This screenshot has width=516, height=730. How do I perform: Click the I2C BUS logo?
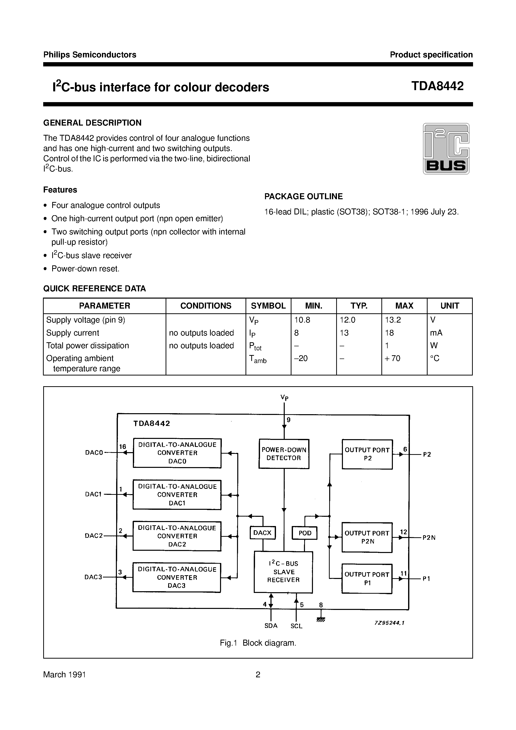point(446,149)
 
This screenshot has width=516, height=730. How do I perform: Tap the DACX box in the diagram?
point(262,533)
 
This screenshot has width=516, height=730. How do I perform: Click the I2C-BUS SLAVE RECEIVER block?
point(283,572)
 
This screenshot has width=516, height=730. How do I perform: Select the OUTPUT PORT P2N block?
point(367,537)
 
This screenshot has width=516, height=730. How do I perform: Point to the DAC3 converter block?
point(177,577)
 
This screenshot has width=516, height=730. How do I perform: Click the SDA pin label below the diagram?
point(271,626)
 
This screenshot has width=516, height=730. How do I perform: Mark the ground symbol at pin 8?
point(321,620)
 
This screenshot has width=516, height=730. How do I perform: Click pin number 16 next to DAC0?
point(122,447)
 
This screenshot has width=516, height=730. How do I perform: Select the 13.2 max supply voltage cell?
point(393,320)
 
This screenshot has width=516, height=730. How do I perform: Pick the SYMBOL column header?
point(268,306)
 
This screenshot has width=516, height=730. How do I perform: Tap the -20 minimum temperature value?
point(301,358)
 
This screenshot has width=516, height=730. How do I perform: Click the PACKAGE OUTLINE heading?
point(303,196)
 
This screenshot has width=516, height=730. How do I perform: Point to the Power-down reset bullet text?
point(85,269)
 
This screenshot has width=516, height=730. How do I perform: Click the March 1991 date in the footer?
point(65,675)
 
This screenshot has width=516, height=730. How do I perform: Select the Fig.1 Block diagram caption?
point(258,643)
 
